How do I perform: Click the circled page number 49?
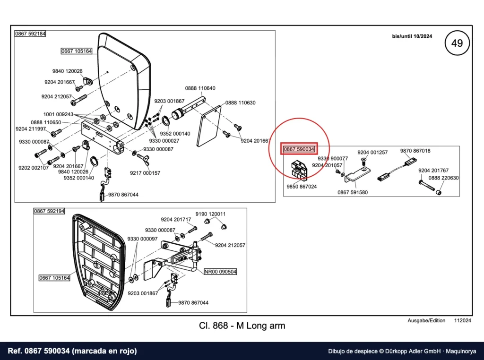point(457,43)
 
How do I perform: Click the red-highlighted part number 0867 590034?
point(299,149)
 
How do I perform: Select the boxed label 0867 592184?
point(30,34)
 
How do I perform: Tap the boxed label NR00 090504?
point(220,272)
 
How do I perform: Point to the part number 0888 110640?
point(200,88)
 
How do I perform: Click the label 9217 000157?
point(145,173)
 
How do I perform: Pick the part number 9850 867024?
point(302,187)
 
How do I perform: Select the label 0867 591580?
point(353,192)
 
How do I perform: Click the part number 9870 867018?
point(415,151)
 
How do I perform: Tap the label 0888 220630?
point(443,178)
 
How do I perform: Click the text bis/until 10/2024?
point(412,36)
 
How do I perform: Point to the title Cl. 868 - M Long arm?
point(242,326)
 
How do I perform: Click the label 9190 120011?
point(210,214)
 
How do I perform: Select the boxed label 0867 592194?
point(49,211)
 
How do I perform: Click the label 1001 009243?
point(58,114)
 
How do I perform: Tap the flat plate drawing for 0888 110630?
point(209,126)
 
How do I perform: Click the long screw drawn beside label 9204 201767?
point(427,185)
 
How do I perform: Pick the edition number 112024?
point(462,320)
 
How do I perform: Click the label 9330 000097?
point(142,239)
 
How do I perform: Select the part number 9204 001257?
point(372,153)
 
